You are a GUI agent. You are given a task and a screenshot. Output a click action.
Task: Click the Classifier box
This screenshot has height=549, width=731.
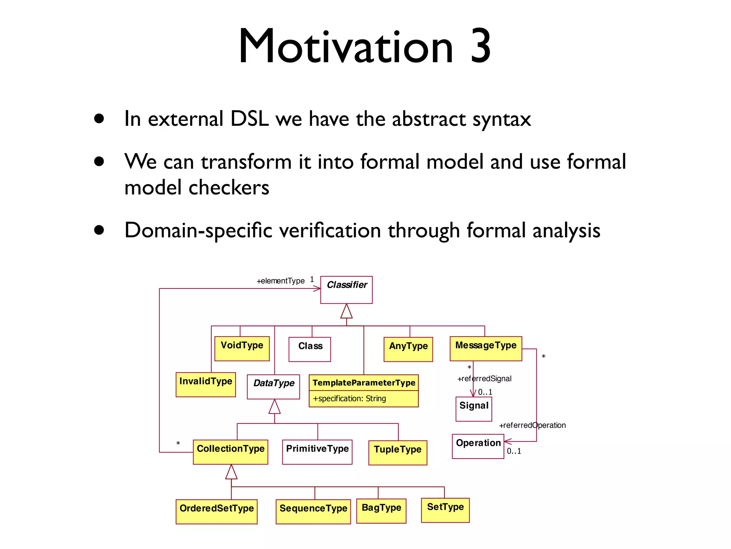tap(346, 290)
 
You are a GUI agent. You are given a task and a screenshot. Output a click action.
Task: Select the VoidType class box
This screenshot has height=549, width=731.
tap(242, 348)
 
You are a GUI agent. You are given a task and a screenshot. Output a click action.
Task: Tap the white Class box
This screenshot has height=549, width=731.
tap(309, 349)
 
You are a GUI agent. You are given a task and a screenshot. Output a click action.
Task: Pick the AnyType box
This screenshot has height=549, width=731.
tap(408, 349)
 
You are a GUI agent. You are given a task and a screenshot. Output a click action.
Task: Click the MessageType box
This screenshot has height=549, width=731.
tap(485, 348)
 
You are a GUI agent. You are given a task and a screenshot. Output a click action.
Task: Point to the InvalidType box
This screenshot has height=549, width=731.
tap(206, 385)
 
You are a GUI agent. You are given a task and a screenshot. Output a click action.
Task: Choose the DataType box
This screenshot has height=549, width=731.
tap(273, 386)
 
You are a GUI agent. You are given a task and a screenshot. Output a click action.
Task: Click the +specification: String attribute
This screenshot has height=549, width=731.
tap(349, 399)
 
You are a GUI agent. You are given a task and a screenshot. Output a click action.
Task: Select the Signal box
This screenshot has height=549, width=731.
tap(474, 409)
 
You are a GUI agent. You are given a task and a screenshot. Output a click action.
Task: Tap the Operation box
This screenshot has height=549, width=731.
tap(478, 446)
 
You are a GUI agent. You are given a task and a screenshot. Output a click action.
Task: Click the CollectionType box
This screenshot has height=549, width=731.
tap(230, 452)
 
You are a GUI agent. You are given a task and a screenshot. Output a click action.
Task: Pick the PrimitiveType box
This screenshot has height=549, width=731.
tap(317, 452)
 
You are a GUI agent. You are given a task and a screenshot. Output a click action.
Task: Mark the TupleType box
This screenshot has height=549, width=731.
tap(398, 452)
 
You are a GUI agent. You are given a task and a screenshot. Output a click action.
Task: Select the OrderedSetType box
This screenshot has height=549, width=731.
tap(216, 511)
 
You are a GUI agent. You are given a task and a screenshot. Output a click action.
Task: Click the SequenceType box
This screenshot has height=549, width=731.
tap(313, 511)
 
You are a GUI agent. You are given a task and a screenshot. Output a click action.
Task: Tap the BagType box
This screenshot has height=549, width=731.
tap(381, 511)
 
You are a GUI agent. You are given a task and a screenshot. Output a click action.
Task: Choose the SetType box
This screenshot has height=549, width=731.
tap(445, 510)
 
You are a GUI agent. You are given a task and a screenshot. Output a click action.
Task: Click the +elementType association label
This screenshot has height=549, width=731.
tap(281, 281)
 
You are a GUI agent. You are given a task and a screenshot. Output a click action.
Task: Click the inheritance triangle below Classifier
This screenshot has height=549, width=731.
tap(346, 311)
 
